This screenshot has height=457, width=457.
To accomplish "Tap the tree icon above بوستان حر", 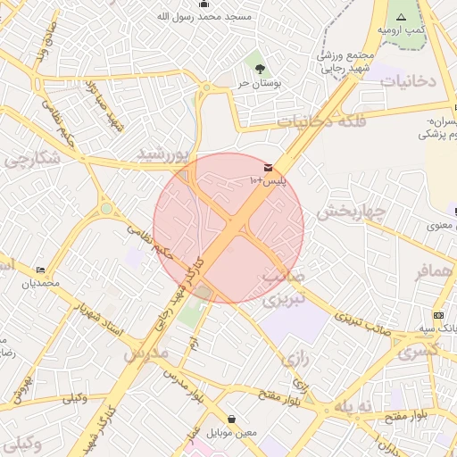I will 260,68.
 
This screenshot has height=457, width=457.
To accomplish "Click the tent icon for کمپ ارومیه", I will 401,17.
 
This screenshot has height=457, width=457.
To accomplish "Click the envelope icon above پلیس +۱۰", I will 268,168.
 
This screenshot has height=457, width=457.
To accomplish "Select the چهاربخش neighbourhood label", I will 349,212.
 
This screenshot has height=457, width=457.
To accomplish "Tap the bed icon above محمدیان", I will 41,270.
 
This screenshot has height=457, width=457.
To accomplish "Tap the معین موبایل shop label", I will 232,433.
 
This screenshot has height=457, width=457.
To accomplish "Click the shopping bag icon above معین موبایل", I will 232,419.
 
